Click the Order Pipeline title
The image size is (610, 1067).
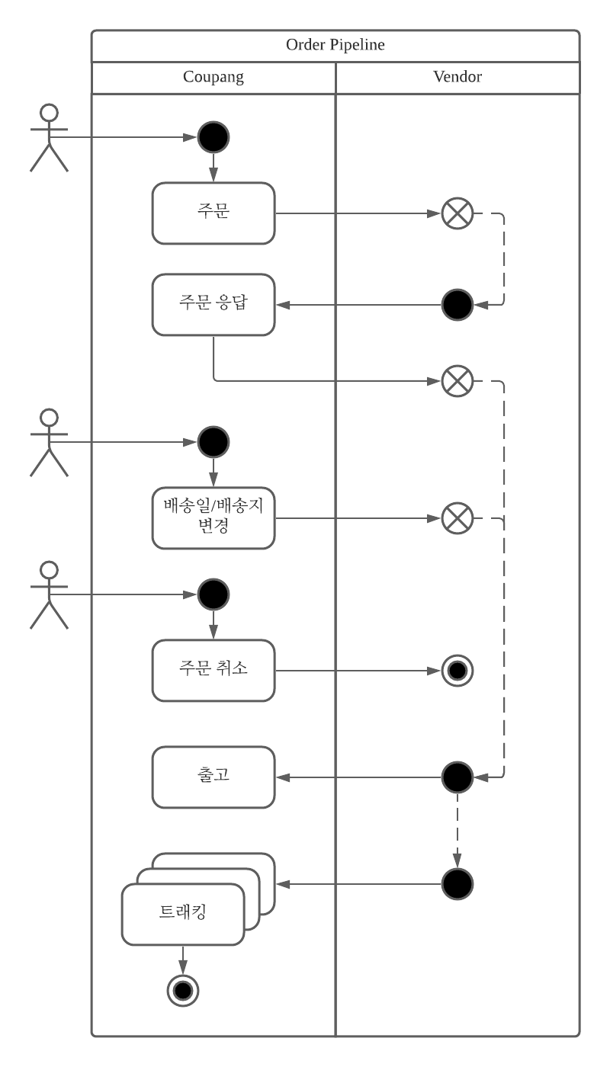[x=335, y=45]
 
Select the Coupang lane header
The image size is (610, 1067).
[x=213, y=77]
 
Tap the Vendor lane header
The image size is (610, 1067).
[x=457, y=77]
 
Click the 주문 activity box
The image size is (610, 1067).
[x=213, y=213]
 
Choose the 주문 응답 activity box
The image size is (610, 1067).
[x=213, y=305]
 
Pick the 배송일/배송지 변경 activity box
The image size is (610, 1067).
[x=213, y=518]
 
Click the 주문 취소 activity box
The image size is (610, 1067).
[x=213, y=671]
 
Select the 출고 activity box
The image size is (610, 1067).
[x=213, y=777]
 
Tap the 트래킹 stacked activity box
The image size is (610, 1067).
[x=183, y=913]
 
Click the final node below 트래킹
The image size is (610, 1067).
[x=183, y=990]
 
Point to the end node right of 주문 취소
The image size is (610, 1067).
[x=457, y=671]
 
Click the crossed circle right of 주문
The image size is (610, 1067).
[x=457, y=213]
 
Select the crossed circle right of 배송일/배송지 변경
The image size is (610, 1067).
[x=457, y=518]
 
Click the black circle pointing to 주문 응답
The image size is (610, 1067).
[x=457, y=305]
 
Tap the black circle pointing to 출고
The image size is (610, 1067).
[x=457, y=777]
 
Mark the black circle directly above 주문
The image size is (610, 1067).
[x=213, y=137]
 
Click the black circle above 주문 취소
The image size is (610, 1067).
[x=213, y=594]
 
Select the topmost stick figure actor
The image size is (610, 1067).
[x=49, y=137]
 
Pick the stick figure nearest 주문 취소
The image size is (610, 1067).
[x=49, y=594]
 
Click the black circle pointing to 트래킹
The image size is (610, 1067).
[x=457, y=884]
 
